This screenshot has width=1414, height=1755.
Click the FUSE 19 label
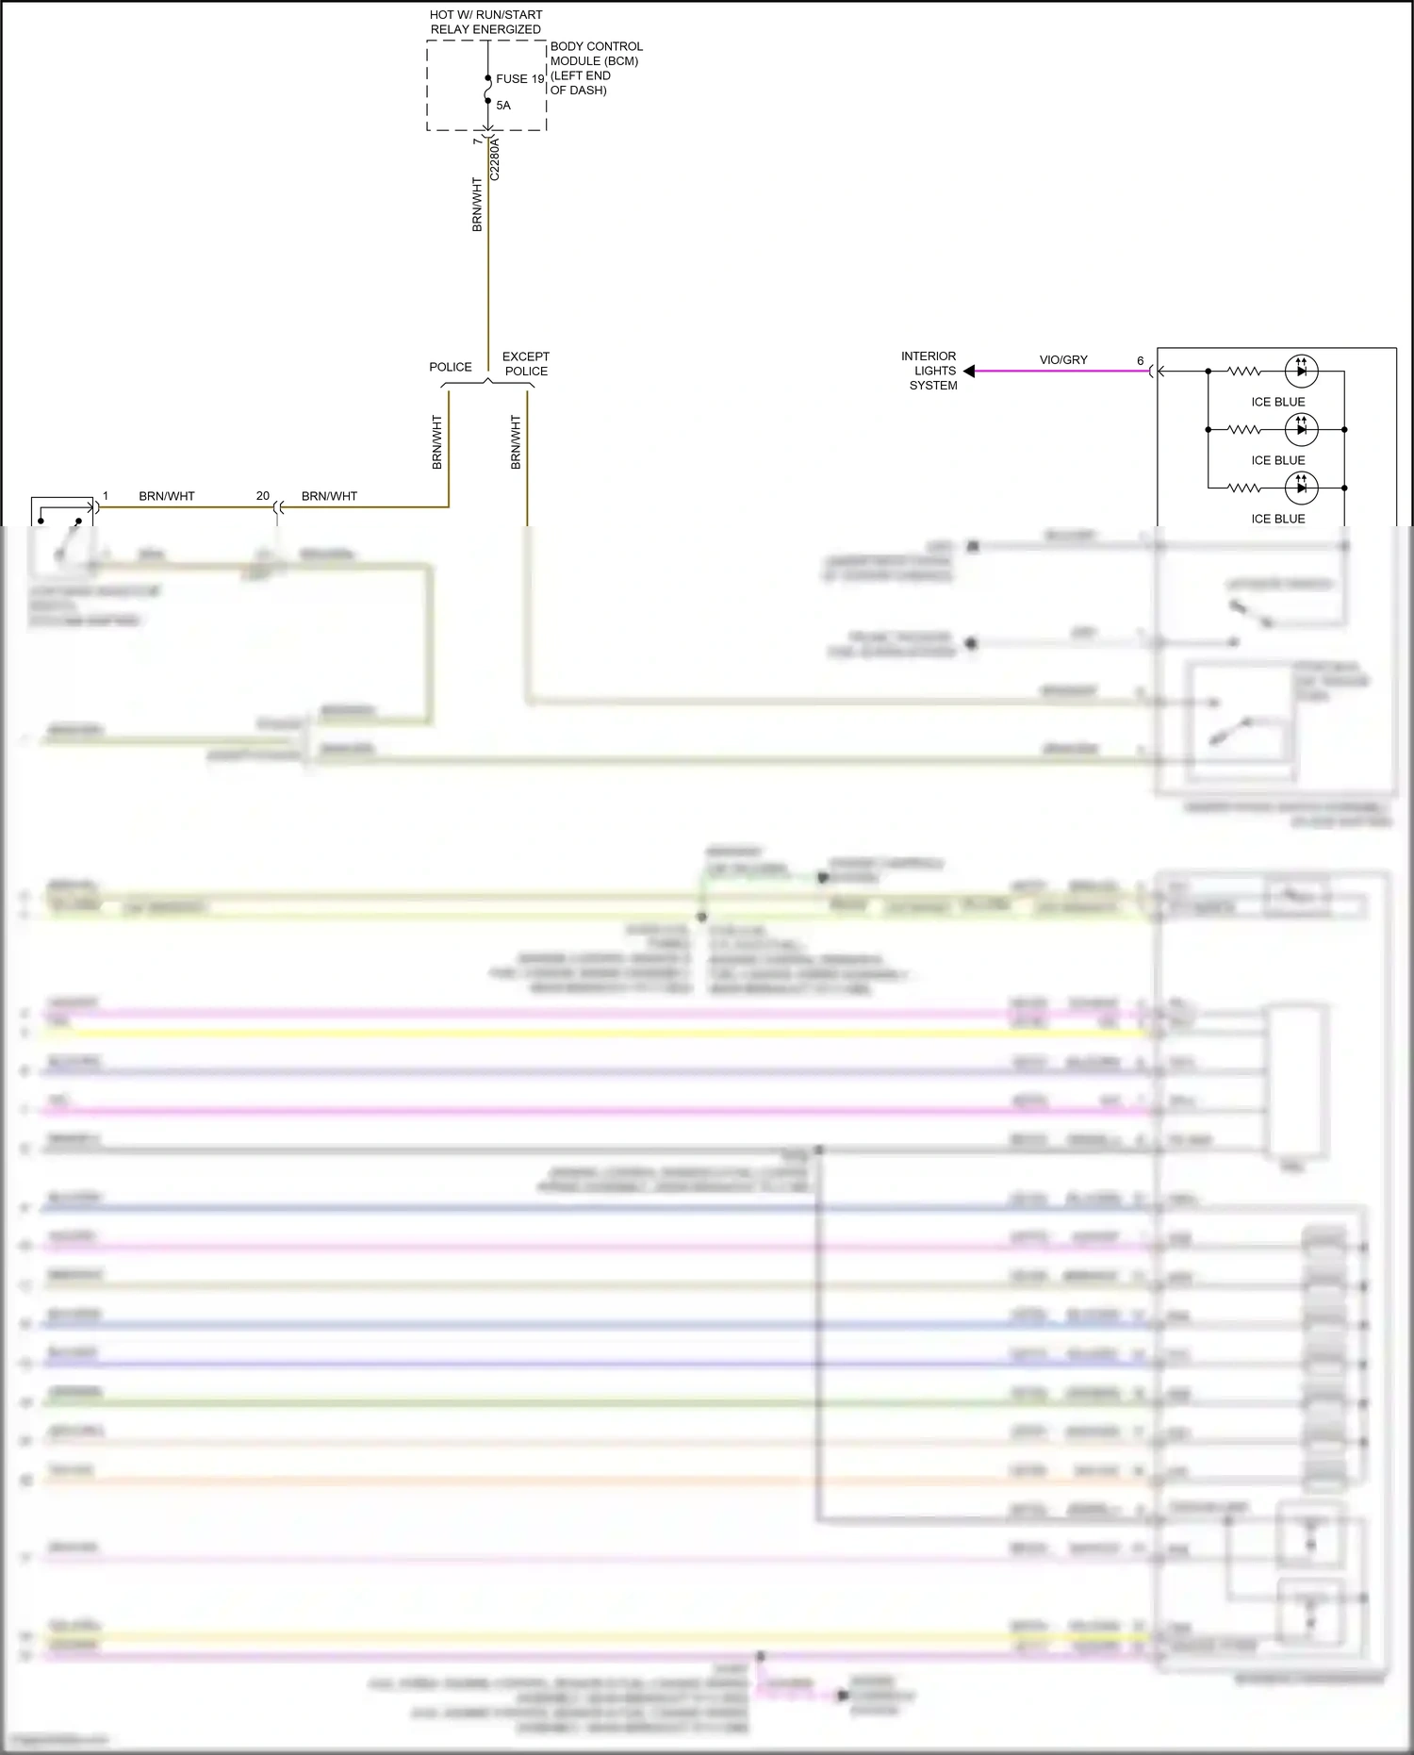point(519,79)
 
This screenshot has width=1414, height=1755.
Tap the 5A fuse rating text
point(503,106)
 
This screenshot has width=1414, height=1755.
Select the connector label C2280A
point(495,159)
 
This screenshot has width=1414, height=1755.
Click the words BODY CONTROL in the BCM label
point(596,46)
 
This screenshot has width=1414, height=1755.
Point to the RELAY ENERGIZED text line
point(485,29)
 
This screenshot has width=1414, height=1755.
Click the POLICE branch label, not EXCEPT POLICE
point(451,367)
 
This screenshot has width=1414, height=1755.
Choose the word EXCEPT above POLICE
point(525,356)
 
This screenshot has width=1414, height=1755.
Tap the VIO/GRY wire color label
point(1063,360)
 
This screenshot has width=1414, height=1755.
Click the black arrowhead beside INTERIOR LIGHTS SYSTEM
point(968,372)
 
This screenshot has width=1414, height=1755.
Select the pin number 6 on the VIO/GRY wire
point(1140,361)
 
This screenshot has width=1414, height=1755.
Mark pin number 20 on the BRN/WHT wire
point(263,496)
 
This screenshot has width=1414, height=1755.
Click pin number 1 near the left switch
point(106,496)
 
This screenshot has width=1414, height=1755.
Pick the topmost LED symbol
point(1301,372)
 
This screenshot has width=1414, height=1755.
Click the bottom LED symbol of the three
point(1301,488)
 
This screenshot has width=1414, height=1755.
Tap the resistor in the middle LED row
point(1244,430)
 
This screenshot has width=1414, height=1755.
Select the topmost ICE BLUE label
point(1277,402)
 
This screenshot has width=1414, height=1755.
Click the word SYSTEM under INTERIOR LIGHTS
point(933,386)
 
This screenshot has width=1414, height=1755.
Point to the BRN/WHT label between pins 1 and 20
point(167,496)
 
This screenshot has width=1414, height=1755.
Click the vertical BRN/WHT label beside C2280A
point(477,205)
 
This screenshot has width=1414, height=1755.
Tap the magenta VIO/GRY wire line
point(1056,372)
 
